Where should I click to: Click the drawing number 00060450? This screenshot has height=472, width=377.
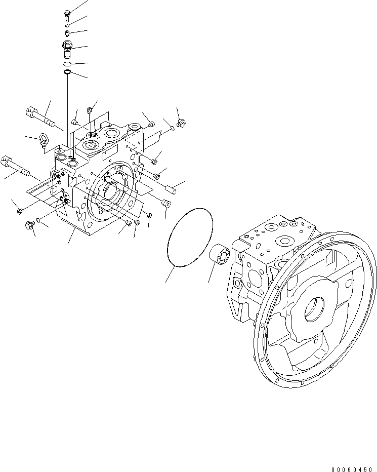click(352, 469)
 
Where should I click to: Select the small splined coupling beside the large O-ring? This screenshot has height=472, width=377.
click(219, 255)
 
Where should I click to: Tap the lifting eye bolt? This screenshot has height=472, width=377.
click(43, 141)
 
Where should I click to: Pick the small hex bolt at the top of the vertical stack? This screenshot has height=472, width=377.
click(67, 15)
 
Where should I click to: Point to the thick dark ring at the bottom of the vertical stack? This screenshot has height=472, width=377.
click(67, 72)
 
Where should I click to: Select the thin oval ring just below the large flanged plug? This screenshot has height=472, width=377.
click(67, 64)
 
